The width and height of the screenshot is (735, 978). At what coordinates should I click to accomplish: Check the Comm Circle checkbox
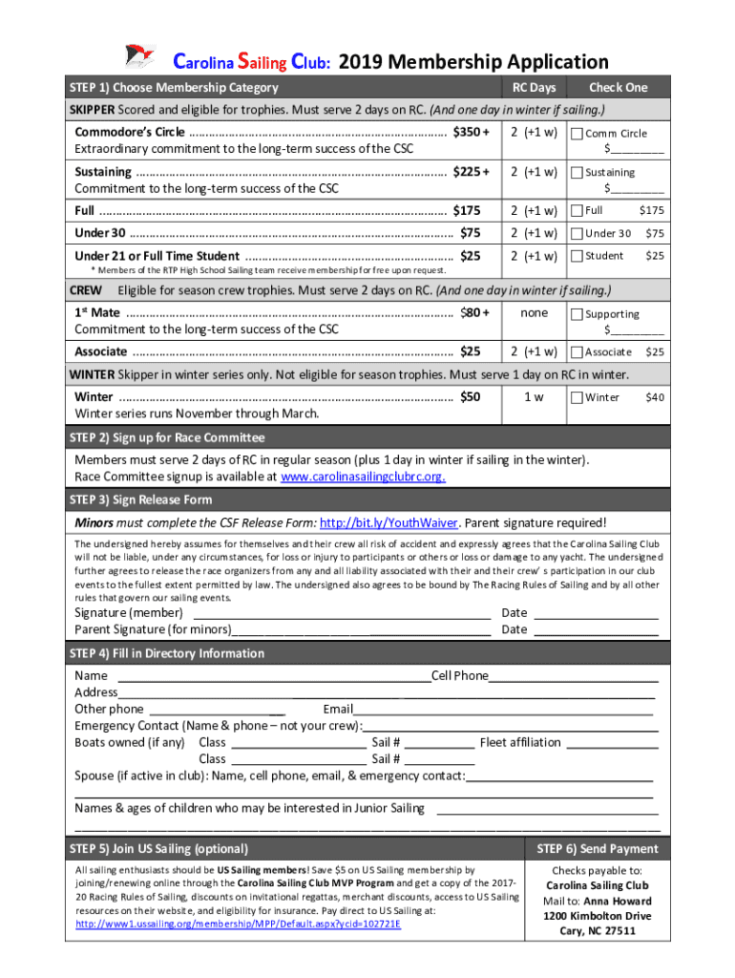pos(577,134)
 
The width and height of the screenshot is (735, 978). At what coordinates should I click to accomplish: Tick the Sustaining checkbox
pos(577,173)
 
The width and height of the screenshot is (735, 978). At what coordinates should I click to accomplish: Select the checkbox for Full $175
pos(577,210)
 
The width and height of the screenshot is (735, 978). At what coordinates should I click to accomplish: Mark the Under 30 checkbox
pos(577,233)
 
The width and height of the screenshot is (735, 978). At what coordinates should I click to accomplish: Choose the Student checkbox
pos(577,256)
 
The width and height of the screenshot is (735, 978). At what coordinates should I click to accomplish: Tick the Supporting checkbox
pos(577,314)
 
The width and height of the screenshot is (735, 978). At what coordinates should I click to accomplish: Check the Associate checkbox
pos(577,352)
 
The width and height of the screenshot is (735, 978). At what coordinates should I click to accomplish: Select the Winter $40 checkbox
pos(577,397)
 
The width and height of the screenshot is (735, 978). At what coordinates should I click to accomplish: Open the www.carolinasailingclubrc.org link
pos(363,477)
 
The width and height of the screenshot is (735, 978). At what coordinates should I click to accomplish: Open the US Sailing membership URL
pos(238,925)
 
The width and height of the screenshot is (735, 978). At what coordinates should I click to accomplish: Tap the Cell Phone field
pos(573,676)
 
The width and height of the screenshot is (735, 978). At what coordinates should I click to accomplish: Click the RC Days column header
pos(534,88)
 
